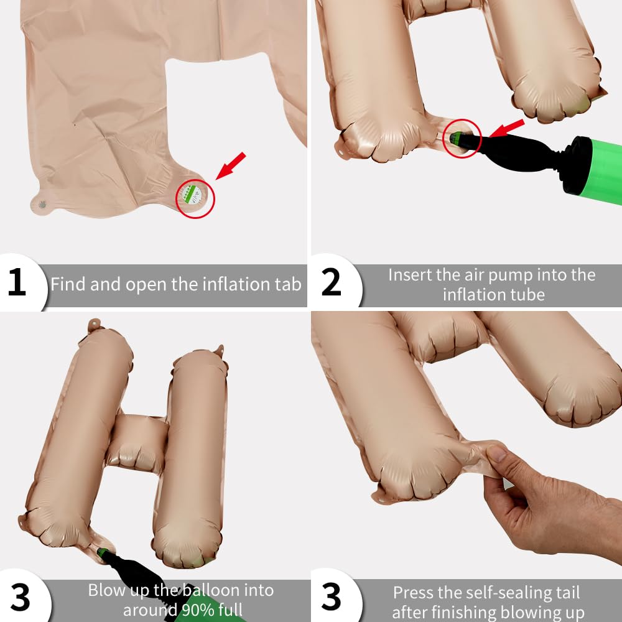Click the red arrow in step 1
tap(231, 166)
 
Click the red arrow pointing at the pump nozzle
tap(507, 129)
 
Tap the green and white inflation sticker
tap(192, 195)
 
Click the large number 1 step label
tap(17, 282)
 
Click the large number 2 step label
tap(331, 282)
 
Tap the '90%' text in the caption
tap(196, 610)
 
